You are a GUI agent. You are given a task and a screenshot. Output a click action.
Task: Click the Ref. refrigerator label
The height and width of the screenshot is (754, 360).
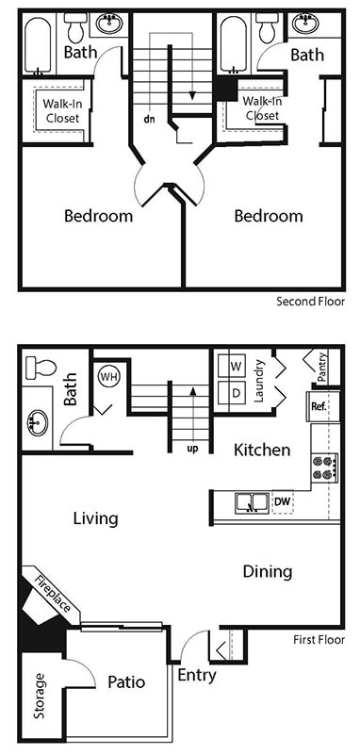(319, 407)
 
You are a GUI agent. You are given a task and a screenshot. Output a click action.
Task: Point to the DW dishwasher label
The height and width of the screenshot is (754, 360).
(282, 501)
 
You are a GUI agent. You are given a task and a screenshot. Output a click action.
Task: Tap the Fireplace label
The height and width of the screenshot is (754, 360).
(52, 593)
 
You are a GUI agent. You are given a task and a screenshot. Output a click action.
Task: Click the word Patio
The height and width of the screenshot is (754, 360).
(125, 681)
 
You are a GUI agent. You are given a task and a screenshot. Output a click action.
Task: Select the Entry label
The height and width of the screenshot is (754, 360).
(196, 675)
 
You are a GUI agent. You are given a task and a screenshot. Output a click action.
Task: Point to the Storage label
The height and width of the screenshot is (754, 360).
(39, 696)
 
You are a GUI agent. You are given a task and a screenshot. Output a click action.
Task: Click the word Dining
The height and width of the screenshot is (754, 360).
(268, 571)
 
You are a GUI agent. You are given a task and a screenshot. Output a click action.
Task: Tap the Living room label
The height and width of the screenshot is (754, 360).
(95, 518)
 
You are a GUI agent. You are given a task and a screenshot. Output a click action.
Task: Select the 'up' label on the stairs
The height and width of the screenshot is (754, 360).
(192, 448)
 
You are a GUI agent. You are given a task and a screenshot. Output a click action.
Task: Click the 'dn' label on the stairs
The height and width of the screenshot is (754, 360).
(149, 120)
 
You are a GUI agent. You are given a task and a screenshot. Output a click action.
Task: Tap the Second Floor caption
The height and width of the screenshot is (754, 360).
(310, 302)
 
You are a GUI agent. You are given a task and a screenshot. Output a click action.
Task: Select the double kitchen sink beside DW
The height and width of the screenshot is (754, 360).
(249, 502)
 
